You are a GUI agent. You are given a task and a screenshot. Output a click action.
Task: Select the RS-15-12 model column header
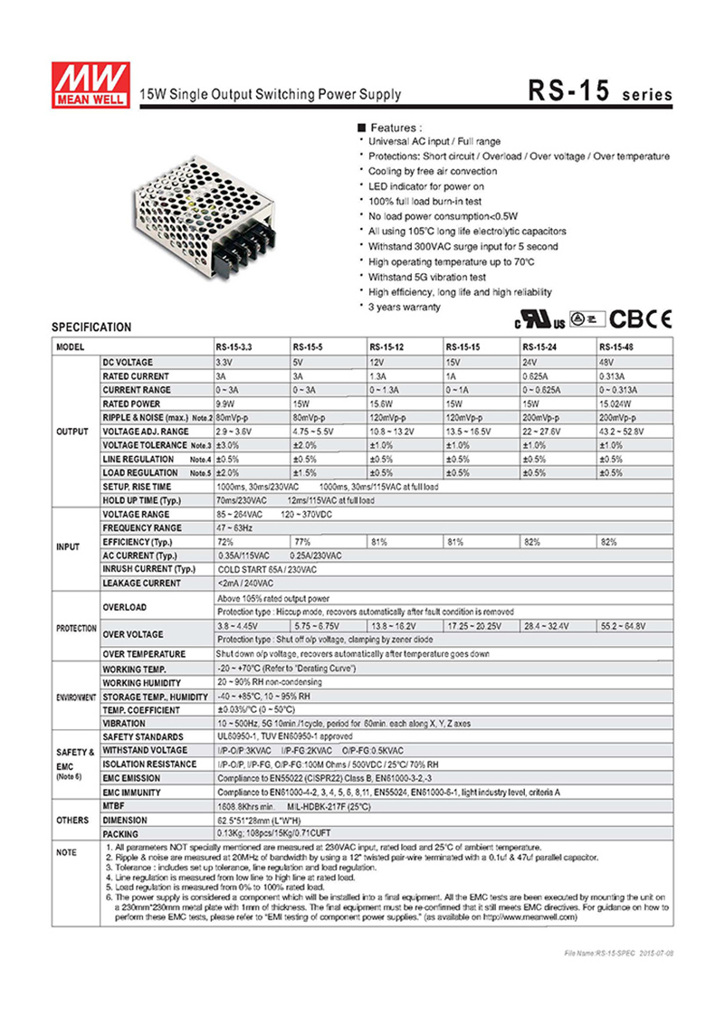387,346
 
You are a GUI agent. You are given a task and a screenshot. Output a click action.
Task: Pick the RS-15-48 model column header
616,346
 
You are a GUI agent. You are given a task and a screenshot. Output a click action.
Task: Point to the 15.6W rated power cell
382,403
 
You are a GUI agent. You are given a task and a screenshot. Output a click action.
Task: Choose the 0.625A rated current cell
537,375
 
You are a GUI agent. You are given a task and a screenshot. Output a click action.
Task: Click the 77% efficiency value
301,541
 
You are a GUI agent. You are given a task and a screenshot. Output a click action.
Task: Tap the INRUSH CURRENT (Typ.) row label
149,569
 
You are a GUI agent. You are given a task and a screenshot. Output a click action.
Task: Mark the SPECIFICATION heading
91,327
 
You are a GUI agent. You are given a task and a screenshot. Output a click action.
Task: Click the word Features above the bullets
396,128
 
